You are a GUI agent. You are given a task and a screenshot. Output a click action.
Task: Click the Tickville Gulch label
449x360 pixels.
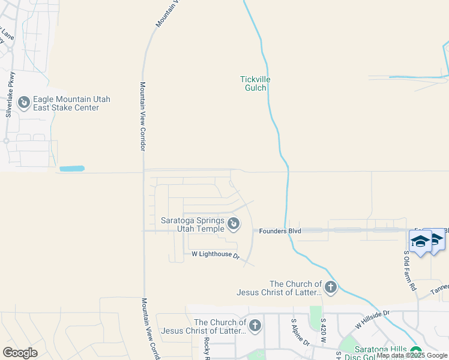pos(253,83)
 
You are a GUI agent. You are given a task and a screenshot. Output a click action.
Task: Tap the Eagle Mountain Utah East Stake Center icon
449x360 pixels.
pos(24,103)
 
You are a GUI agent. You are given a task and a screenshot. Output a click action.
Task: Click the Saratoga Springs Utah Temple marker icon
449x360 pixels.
pos(234,224)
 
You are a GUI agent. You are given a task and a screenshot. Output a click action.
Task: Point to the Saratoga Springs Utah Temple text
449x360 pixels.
pos(192,224)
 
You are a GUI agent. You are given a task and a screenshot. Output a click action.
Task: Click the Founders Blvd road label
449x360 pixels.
pos(280,230)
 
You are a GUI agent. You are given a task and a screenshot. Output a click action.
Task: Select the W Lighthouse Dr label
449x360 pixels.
pos(215,255)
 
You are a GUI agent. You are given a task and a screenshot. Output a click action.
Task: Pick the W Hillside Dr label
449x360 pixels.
pos(372,319)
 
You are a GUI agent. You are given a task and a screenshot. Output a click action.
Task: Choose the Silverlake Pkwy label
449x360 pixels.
pos(10,94)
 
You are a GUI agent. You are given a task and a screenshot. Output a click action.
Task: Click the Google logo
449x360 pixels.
pos(20,352)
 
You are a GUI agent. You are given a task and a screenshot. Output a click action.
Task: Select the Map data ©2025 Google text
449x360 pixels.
pos(412,356)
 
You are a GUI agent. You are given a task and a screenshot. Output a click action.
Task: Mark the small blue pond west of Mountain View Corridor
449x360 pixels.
pos(72,169)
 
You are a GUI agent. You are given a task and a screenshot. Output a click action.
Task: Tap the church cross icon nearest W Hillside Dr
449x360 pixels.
pos(331,288)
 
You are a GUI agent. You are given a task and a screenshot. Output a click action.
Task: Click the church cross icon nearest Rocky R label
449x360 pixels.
pos(255,326)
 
